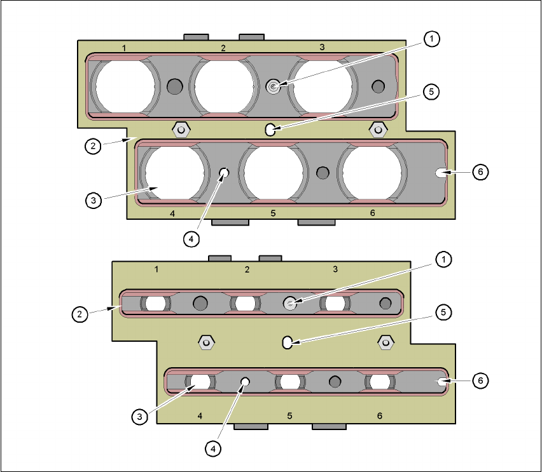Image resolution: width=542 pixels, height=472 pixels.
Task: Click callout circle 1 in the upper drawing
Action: click(431, 39)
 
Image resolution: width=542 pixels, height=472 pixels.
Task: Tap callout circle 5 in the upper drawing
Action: click(431, 92)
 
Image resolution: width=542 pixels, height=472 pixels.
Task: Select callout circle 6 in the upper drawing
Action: click(480, 172)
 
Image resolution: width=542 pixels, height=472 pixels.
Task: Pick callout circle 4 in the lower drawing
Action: click(212, 449)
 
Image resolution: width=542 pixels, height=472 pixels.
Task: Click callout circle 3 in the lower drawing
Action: click(140, 416)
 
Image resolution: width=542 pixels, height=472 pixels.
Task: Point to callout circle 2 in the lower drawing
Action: click(80, 314)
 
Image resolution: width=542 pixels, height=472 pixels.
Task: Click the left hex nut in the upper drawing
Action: click(181, 130)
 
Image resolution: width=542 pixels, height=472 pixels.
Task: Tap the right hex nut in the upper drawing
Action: click(378, 130)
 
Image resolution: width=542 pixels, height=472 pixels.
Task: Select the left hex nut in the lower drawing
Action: click(206, 342)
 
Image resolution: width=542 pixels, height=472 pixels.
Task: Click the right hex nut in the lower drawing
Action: click(386, 342)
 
